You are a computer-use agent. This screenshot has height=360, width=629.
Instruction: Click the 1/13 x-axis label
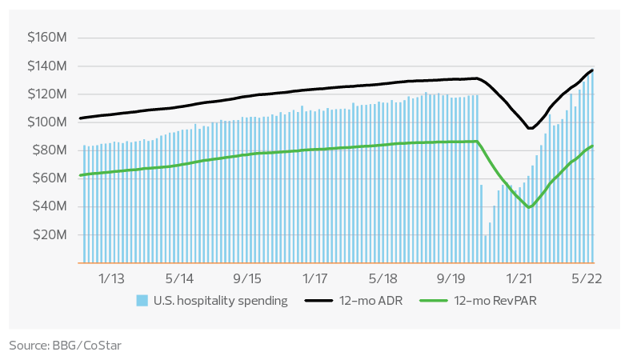pos(111,278)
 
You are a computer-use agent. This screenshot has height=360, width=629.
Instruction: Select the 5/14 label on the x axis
pos(179,278)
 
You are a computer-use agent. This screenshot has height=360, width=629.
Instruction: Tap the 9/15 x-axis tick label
pos(247,278)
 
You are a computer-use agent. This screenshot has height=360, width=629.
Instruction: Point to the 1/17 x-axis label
pos(315,278)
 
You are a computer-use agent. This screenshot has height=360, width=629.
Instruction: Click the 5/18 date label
pos(383,278)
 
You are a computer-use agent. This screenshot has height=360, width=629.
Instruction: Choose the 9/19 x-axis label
pos(451,278)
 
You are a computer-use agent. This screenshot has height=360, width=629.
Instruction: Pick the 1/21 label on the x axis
pos(519,278)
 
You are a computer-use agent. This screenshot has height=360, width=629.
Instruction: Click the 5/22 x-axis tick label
pos(587,278)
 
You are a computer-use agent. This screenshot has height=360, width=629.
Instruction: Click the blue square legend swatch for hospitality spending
pos(142,302)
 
